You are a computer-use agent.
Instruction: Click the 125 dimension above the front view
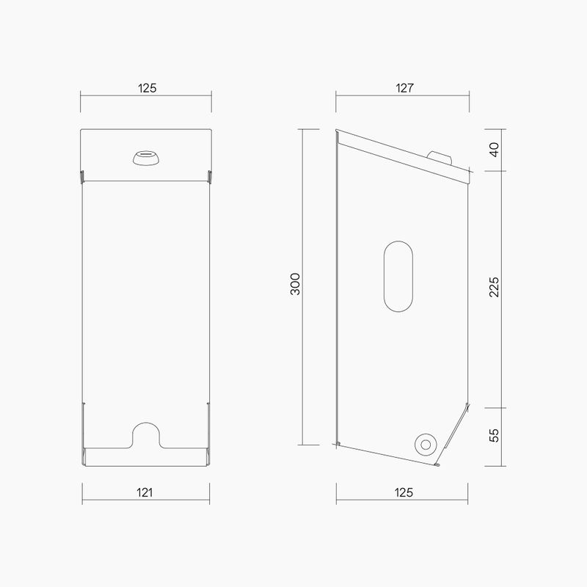tap(147, 88)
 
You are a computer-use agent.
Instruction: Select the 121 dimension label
tap(145, 493)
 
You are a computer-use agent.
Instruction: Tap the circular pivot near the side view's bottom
tap(424, 443)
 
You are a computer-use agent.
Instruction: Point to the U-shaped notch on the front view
tap(145, 433)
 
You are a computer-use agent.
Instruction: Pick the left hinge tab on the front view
tap(81, 176)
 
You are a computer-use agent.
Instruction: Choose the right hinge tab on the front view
tap(211, 176)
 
